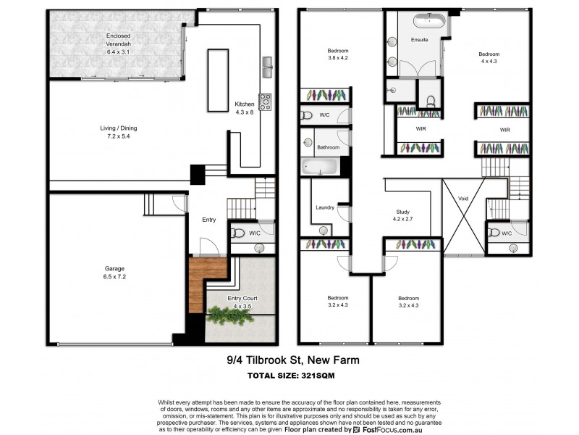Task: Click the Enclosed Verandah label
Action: pyautogui.click(x=118, y=43)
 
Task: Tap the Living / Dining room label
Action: pyautogui.click(x=118, y=132)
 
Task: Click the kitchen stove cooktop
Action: pyautogui.click(x=265, y=101)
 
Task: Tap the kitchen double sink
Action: pyautogui.click(x=269, y=67)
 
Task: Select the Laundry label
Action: pyautogui.click(x=325, y=208)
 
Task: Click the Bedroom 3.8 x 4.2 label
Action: pyautogui.click(x=338, y=54)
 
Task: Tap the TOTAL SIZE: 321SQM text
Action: pyautogui.click(x=289, y=376)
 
